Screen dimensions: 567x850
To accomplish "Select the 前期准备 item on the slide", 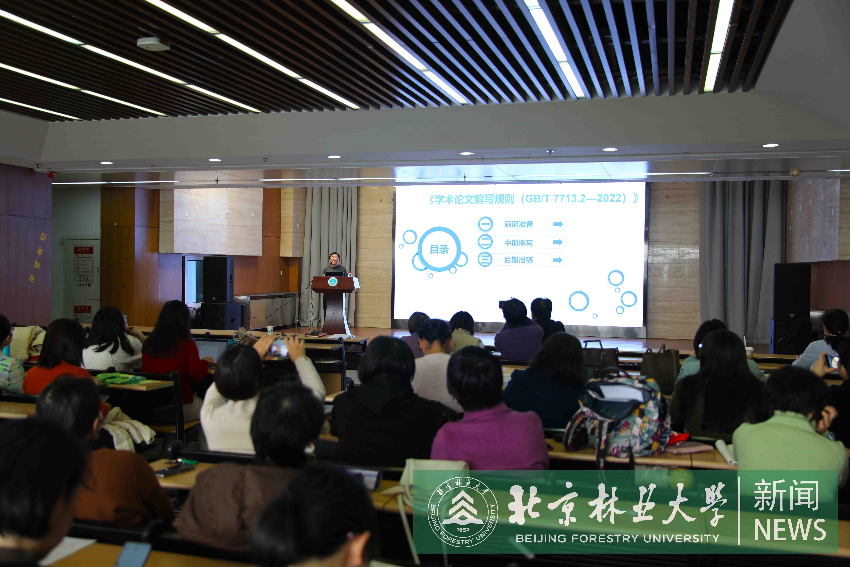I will [519, 224].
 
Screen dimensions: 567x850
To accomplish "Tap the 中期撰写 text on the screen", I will [519, 243].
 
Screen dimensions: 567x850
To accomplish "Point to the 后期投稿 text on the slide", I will [519, 260].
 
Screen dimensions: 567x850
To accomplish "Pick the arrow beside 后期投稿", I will [558, 260].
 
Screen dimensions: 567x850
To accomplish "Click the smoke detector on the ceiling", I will [153, 44].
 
